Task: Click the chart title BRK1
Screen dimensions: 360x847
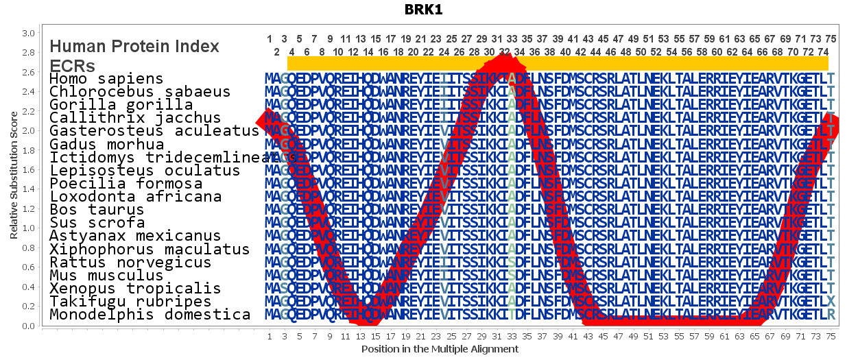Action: (423, 11)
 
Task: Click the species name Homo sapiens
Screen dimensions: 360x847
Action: (106, 79)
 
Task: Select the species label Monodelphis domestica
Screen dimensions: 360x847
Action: (150, 315)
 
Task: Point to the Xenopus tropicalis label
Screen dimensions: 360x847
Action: (135, 289)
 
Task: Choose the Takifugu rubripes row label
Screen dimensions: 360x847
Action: (130, 302)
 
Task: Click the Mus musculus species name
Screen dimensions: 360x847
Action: (106, 276)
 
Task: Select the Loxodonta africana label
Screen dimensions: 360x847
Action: (135, 197)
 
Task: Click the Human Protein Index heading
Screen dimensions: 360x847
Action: (134, 46)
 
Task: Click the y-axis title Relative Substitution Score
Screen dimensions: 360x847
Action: (14, 178)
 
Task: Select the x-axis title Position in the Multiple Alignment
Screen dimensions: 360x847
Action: (440, 349)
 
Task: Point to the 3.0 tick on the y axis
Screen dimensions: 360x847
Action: (28, 33)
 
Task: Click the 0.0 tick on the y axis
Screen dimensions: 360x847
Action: (28, 326)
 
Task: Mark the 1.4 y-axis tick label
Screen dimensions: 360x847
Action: (28, 189)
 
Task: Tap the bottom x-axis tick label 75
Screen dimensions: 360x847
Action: (831, 337)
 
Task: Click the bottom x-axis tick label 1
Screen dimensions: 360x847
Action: (269, 337)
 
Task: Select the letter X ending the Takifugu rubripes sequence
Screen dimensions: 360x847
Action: (831, 302)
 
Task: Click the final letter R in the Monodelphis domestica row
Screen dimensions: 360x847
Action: (831, 315)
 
